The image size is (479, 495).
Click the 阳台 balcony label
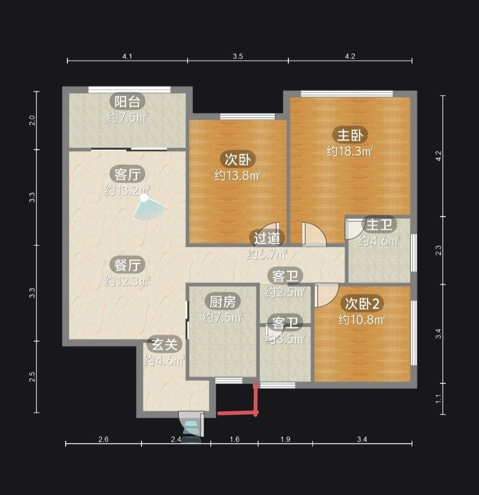pyautogui.click(x=127, y=102)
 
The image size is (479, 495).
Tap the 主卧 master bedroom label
pyautogui.click(x=350, y=135)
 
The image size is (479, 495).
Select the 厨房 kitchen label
pyautogui.click(x=222, y=302)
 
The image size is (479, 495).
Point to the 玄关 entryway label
pyautogui.click(x=165, y=344)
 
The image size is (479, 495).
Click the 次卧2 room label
pyautogui.click(x=362, y=304)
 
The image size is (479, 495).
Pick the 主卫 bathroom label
pyautogui.click(x=379, y=225)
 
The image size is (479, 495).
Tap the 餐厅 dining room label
pyautogui.click(x=127, y=265)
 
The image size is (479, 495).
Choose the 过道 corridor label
pyautogui.click(x=267, y=238)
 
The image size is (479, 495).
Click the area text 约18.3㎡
pyautogui.click(x=350, y=152)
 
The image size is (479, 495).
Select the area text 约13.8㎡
pyautogui.click(x=238, y=175)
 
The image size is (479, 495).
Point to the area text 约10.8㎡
pyautogui.click(x=362, y=320)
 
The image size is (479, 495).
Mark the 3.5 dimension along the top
pyautogui.click(x=238, y=56)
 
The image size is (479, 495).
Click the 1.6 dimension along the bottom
pyautogui.click(x=234, y=439)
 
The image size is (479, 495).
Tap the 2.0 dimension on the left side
pyautogui.click(x=32, y=120)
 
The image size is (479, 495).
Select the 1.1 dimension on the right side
pyautogui.click(x=438, y=399)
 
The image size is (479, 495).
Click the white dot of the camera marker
pyautogui.click(x=144, y=198)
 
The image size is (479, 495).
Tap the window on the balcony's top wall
pyautogui.click(x=129, y=90)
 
